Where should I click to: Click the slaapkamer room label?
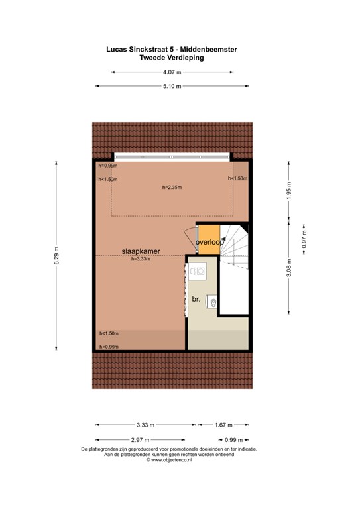(141, 251)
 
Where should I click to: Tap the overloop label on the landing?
(210, 242)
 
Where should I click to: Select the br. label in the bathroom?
(196, 299)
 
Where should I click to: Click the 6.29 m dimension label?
(56, 255)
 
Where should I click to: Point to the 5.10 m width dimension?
(172, 86)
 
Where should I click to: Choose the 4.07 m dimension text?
(172, 72)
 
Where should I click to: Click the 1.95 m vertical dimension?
(289, 190)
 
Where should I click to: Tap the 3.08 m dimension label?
(289, 268)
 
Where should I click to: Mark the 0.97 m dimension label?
(304, 239)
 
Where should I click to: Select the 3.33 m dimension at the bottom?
(145, 425)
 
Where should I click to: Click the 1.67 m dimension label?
(223, 425)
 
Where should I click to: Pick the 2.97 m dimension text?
(141, 440)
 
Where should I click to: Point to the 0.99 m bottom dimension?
(234, 440)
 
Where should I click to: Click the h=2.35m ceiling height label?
(172, 188)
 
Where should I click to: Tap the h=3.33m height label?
(141, 259)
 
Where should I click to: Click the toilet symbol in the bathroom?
(213, 302)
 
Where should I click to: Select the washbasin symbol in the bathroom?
(197, 271)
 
